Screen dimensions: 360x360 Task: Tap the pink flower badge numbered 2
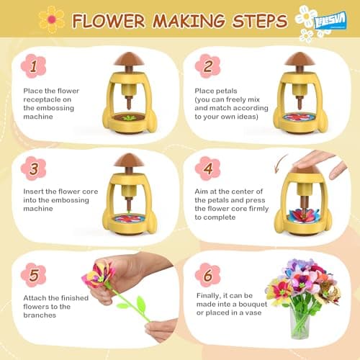point(207,66)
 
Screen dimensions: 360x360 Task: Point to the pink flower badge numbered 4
point(207,168)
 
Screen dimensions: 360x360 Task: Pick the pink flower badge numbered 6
point(207,275)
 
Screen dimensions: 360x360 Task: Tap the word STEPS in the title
point(253,20)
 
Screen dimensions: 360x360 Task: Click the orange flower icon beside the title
point(51,19)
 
